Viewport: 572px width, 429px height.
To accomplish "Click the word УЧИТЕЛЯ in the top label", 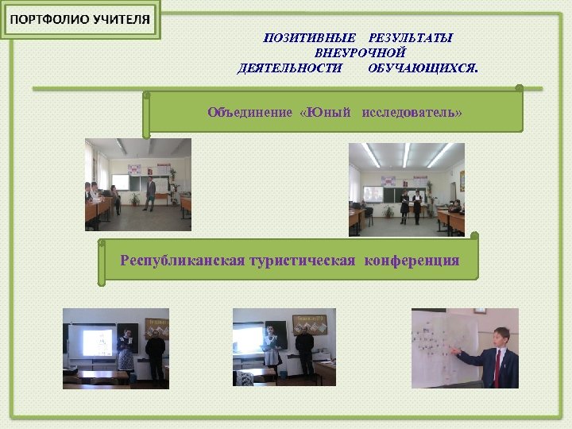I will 119,21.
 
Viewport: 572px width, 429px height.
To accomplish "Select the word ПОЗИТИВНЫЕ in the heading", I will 310,37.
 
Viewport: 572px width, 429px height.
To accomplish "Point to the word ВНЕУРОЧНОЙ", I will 361,52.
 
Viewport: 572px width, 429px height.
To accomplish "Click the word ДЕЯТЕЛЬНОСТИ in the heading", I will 290,68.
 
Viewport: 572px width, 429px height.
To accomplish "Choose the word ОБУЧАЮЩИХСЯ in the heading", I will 423,68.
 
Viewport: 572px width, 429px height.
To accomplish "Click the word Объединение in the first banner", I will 249,112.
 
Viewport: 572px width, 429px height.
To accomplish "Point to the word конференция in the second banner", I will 412,260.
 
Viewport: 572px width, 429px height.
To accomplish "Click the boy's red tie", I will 498,365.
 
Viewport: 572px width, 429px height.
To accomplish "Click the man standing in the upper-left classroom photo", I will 150,193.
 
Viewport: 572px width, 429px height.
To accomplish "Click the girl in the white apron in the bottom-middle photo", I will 272,347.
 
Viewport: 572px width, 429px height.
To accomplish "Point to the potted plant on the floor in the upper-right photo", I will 388,213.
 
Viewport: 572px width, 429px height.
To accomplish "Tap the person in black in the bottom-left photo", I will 157,356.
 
